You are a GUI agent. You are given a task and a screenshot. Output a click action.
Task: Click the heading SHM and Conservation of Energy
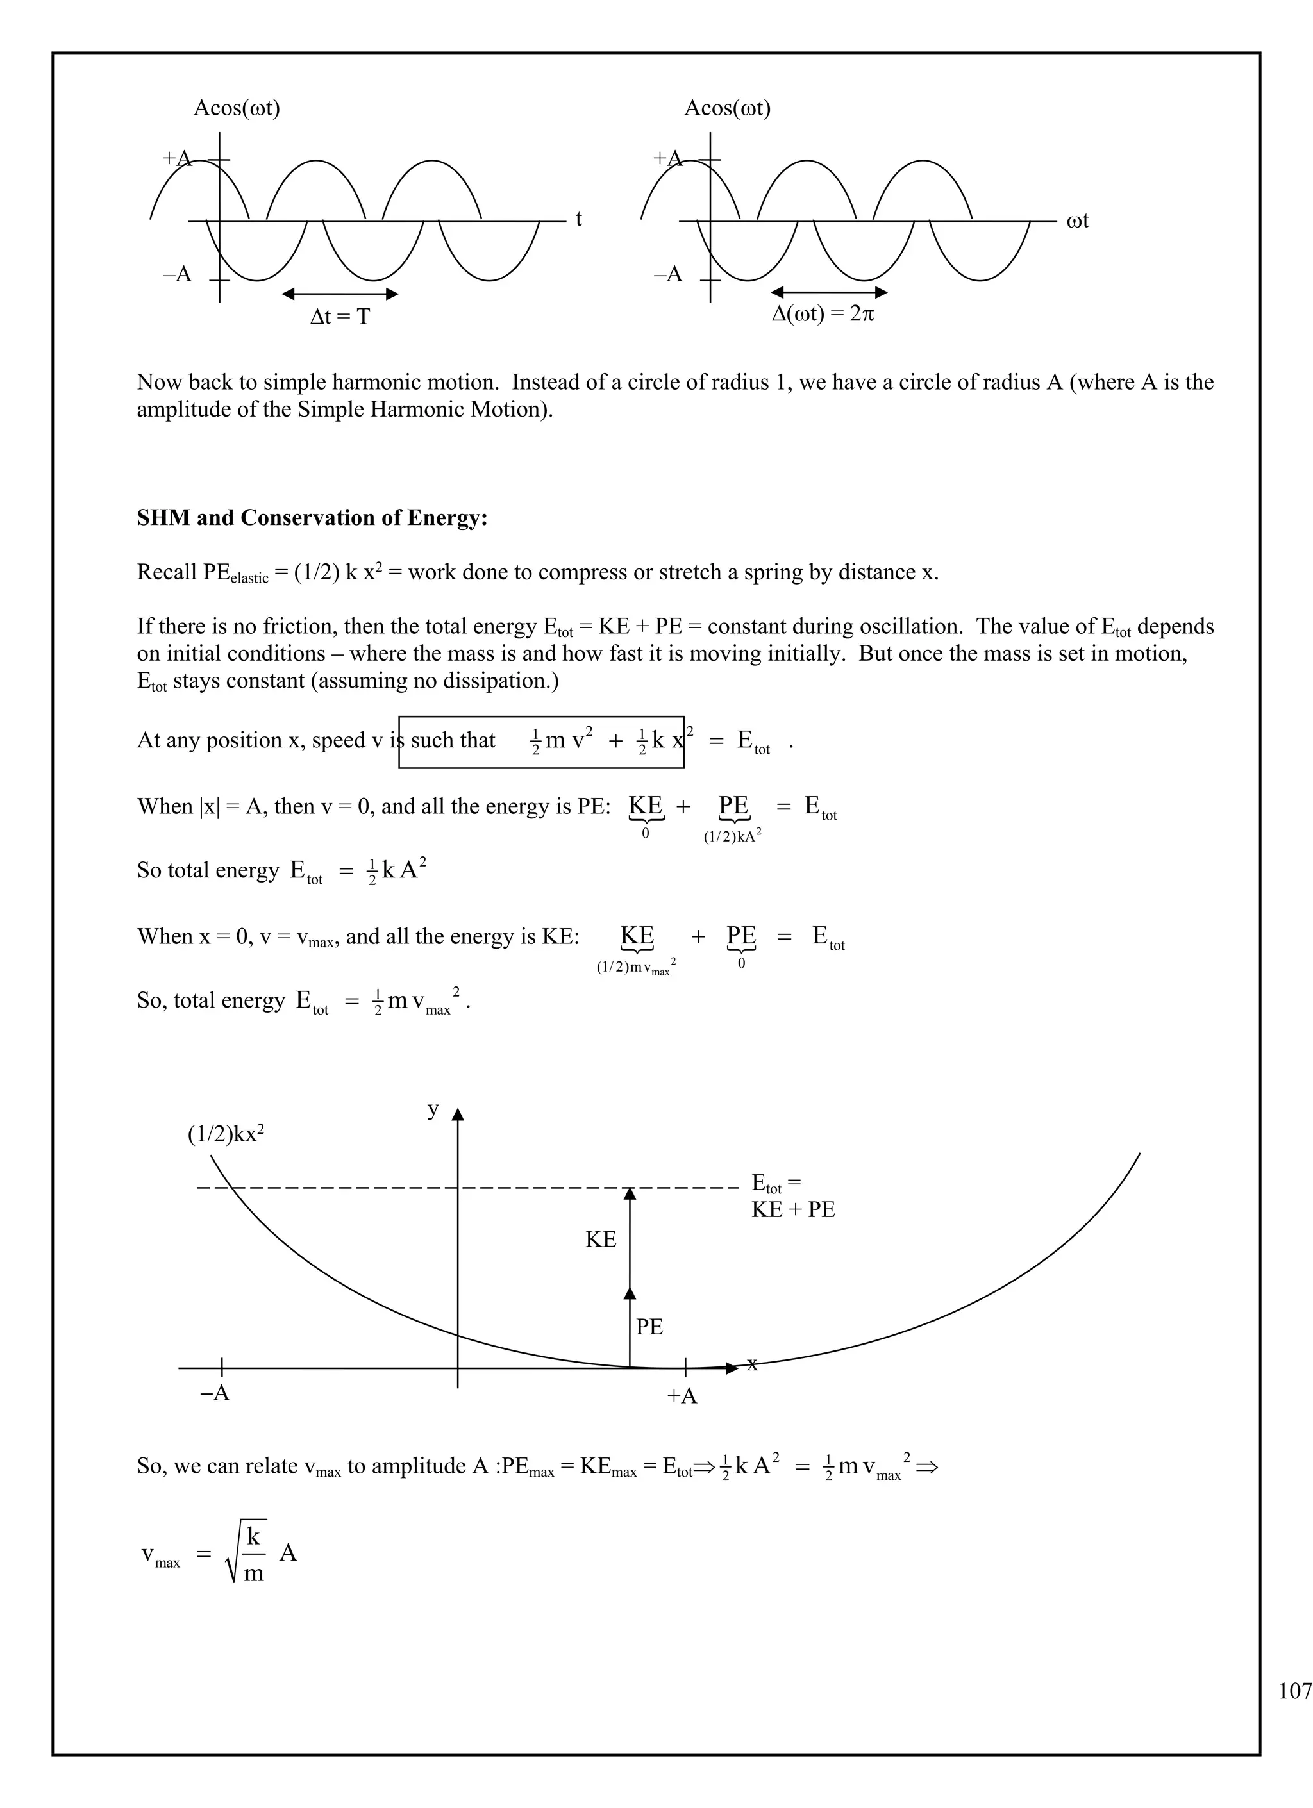click(x=312, y=518)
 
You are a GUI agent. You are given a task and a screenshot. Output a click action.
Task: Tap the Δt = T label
click(x=340, y=317)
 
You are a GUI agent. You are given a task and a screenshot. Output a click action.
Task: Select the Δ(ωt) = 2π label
click(x=822, y=314)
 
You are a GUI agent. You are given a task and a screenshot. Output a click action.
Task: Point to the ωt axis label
click(x=1076, y=221)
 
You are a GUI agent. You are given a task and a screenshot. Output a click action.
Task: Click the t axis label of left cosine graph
click(x=578, y=219)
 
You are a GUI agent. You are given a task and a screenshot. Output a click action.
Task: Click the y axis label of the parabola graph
click(x=433, y=1109)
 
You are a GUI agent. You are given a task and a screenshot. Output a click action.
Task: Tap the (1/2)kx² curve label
click(x=226, y=1134)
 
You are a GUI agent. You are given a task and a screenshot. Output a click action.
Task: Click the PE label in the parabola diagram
click(x=649, y=1327)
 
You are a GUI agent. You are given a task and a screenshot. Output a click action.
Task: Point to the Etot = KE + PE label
click(x=792, y=1197)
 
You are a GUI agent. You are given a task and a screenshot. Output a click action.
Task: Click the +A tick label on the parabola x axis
click(x=682, y=1396)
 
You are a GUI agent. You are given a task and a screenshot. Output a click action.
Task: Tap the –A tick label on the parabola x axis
click(x=214, y=1393)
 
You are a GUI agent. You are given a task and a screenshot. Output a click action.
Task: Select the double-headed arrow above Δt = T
click(x=340, y=294)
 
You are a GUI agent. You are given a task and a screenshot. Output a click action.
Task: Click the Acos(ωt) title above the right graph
click(x=727, y=108)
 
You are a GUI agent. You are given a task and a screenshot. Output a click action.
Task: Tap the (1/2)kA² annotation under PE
click(x=732, y=837)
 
